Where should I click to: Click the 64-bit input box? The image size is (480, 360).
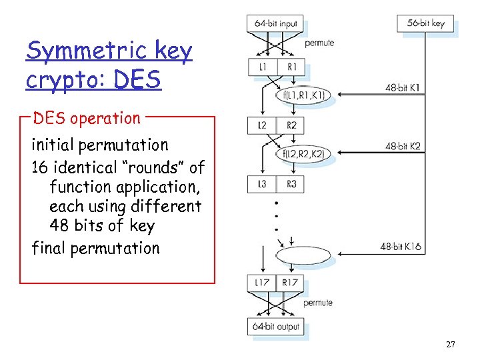tap(275, 23)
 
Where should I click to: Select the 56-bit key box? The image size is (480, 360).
tap(425, 23)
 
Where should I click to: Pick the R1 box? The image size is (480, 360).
tap(291, 67)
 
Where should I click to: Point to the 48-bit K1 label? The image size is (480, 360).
tap(403, 87)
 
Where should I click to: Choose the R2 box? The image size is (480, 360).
tap(291, 125)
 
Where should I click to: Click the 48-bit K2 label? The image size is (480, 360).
tap(403, 146)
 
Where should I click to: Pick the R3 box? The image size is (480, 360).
tap(291, 184)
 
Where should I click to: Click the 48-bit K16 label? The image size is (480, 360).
tap(401, 247)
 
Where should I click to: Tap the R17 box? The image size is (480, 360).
tap(291, 283)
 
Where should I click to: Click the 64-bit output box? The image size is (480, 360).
tap(276, 327)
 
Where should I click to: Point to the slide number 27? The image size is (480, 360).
tap(451, 345)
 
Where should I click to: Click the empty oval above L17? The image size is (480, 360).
tap(303, 256)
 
